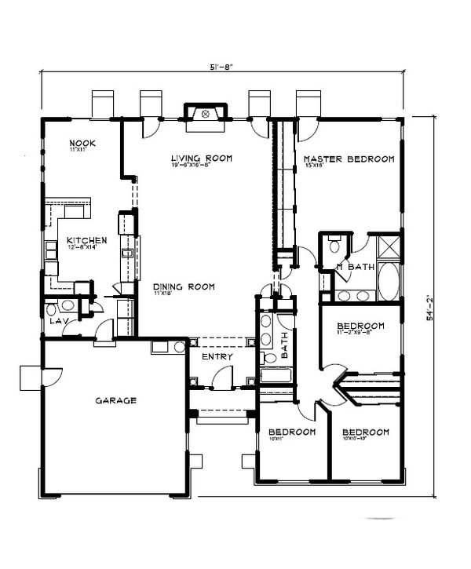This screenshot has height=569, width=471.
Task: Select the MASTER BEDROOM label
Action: (348, 159)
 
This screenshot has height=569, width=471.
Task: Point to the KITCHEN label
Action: (81, 240)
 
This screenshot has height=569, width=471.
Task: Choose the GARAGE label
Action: (115, 400)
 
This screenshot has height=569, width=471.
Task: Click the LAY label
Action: (57, 322)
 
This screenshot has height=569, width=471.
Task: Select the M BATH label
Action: (356, 268)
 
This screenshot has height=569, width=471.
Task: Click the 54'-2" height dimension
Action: (429, 308)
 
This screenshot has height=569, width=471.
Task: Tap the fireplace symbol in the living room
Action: (206, 115)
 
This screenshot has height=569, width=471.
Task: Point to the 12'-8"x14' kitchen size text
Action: (81, 248)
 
